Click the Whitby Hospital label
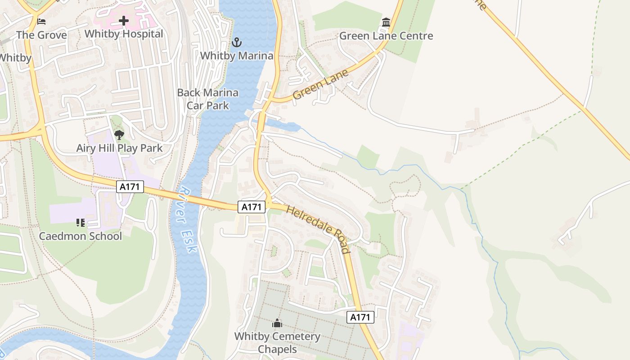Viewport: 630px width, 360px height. pyautogui.click(x=124, y=34)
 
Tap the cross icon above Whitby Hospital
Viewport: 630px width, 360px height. pyautogui.click(x=124, y=21)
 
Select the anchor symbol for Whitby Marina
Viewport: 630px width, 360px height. pyautogui.click(x=237, y=42)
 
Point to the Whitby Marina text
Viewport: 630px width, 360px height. pyautogui.click(x=237, y=56)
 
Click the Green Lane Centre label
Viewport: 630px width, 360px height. pyautogui.click(x=386, y=36)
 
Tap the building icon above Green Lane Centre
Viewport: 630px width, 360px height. pyautogui.click(x=386, y=22)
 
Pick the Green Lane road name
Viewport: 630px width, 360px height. pyautogui.click(x=320, y=85)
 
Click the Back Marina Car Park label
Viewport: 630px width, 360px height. pyautogui.click(x=208, y=99)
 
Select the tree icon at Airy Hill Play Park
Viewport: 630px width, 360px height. pyautogui.click(x=119, y=135)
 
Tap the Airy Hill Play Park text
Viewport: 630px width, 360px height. pyautogui.click(x=119, y=148)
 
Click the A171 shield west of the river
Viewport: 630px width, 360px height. pyautogui.click(x=130, y=187)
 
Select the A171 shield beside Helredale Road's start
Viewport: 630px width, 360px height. pyautogui.click(x=252, y=207)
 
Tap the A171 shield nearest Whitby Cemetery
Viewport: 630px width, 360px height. pyautogui.click(x=360, y=317)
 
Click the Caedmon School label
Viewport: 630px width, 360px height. pyautogui.click(x=81, y=236)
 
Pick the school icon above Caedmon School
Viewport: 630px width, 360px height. pyautogui.click(x=81, y=222)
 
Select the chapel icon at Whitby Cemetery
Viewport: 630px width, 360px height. pyautogui.click(x=277, y=323)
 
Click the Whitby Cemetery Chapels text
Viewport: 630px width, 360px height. pyautogui.click(x=277, y=343)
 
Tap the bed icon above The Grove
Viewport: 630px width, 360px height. pyautogui.click(x=41, y=21)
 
